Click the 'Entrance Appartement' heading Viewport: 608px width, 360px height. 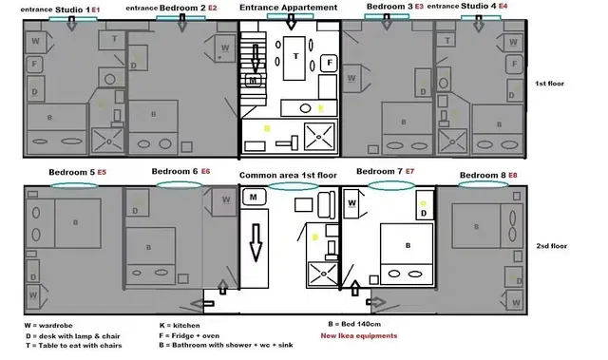click(x=288, y=8)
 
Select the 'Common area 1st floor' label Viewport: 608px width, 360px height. click(x=289, y=176)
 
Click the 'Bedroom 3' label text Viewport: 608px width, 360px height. click(x=389, y=7)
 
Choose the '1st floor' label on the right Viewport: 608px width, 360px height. click(x=549, y=84)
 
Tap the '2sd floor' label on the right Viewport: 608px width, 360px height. click(x=552, y=246)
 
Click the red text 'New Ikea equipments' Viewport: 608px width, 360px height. click(x=358, y=336)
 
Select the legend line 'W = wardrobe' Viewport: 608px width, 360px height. click(x=47, y=325)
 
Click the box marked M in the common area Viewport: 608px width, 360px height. click(x=255, y=198)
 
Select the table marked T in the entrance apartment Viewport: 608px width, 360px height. click(x=294, y=56)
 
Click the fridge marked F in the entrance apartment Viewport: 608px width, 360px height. click(x=329, y=62)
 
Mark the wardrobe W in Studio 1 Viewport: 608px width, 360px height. click(x=35, y=42)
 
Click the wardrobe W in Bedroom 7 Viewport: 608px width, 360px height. click(x=351, y=203)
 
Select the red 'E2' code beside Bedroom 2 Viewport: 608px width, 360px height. click(x=212, y=8)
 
